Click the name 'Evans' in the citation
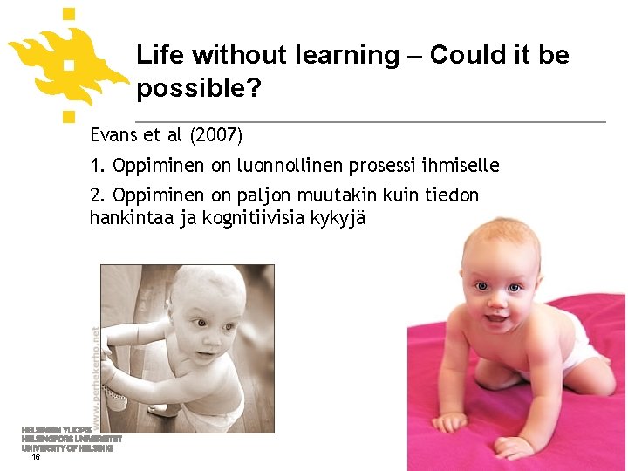pyautogui.click(x=113, y=135)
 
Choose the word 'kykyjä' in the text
pyautogui.click(x=342, y=217)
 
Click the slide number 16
pyautogui.click(x=35, y=456)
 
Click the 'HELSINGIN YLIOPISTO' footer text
pyautogui.click(x=56, y=430)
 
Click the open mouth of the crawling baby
pyautogui.click(x=495, y=317)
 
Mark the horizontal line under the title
pyautogui.click(x=371, y=120)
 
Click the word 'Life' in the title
pyautogui.click(x=160, y=55)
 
